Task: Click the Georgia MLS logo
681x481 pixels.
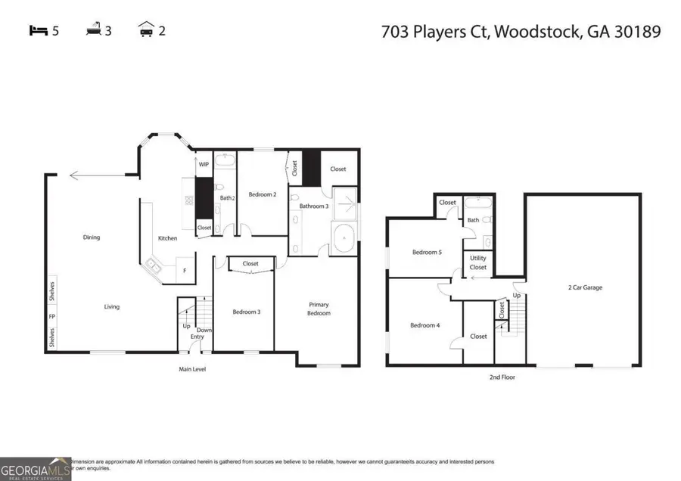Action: tap(36, 468)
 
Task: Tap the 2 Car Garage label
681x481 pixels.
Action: tap(585, 287)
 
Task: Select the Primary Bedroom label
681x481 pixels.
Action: tap(319, 309)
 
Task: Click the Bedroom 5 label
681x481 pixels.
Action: tap(427, 253)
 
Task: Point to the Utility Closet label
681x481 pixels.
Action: tap(478, 263)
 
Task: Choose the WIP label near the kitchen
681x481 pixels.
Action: tap(204, 164)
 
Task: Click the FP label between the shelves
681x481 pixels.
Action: tap(52, 317)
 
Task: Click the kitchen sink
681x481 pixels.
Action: tap(154, 265)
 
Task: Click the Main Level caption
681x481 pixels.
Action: tap(192, 369)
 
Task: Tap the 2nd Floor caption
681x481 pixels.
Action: tap(502, 376)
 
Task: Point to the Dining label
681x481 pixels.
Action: tap(91, 237)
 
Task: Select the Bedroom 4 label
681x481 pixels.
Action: tap(423, 326)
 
